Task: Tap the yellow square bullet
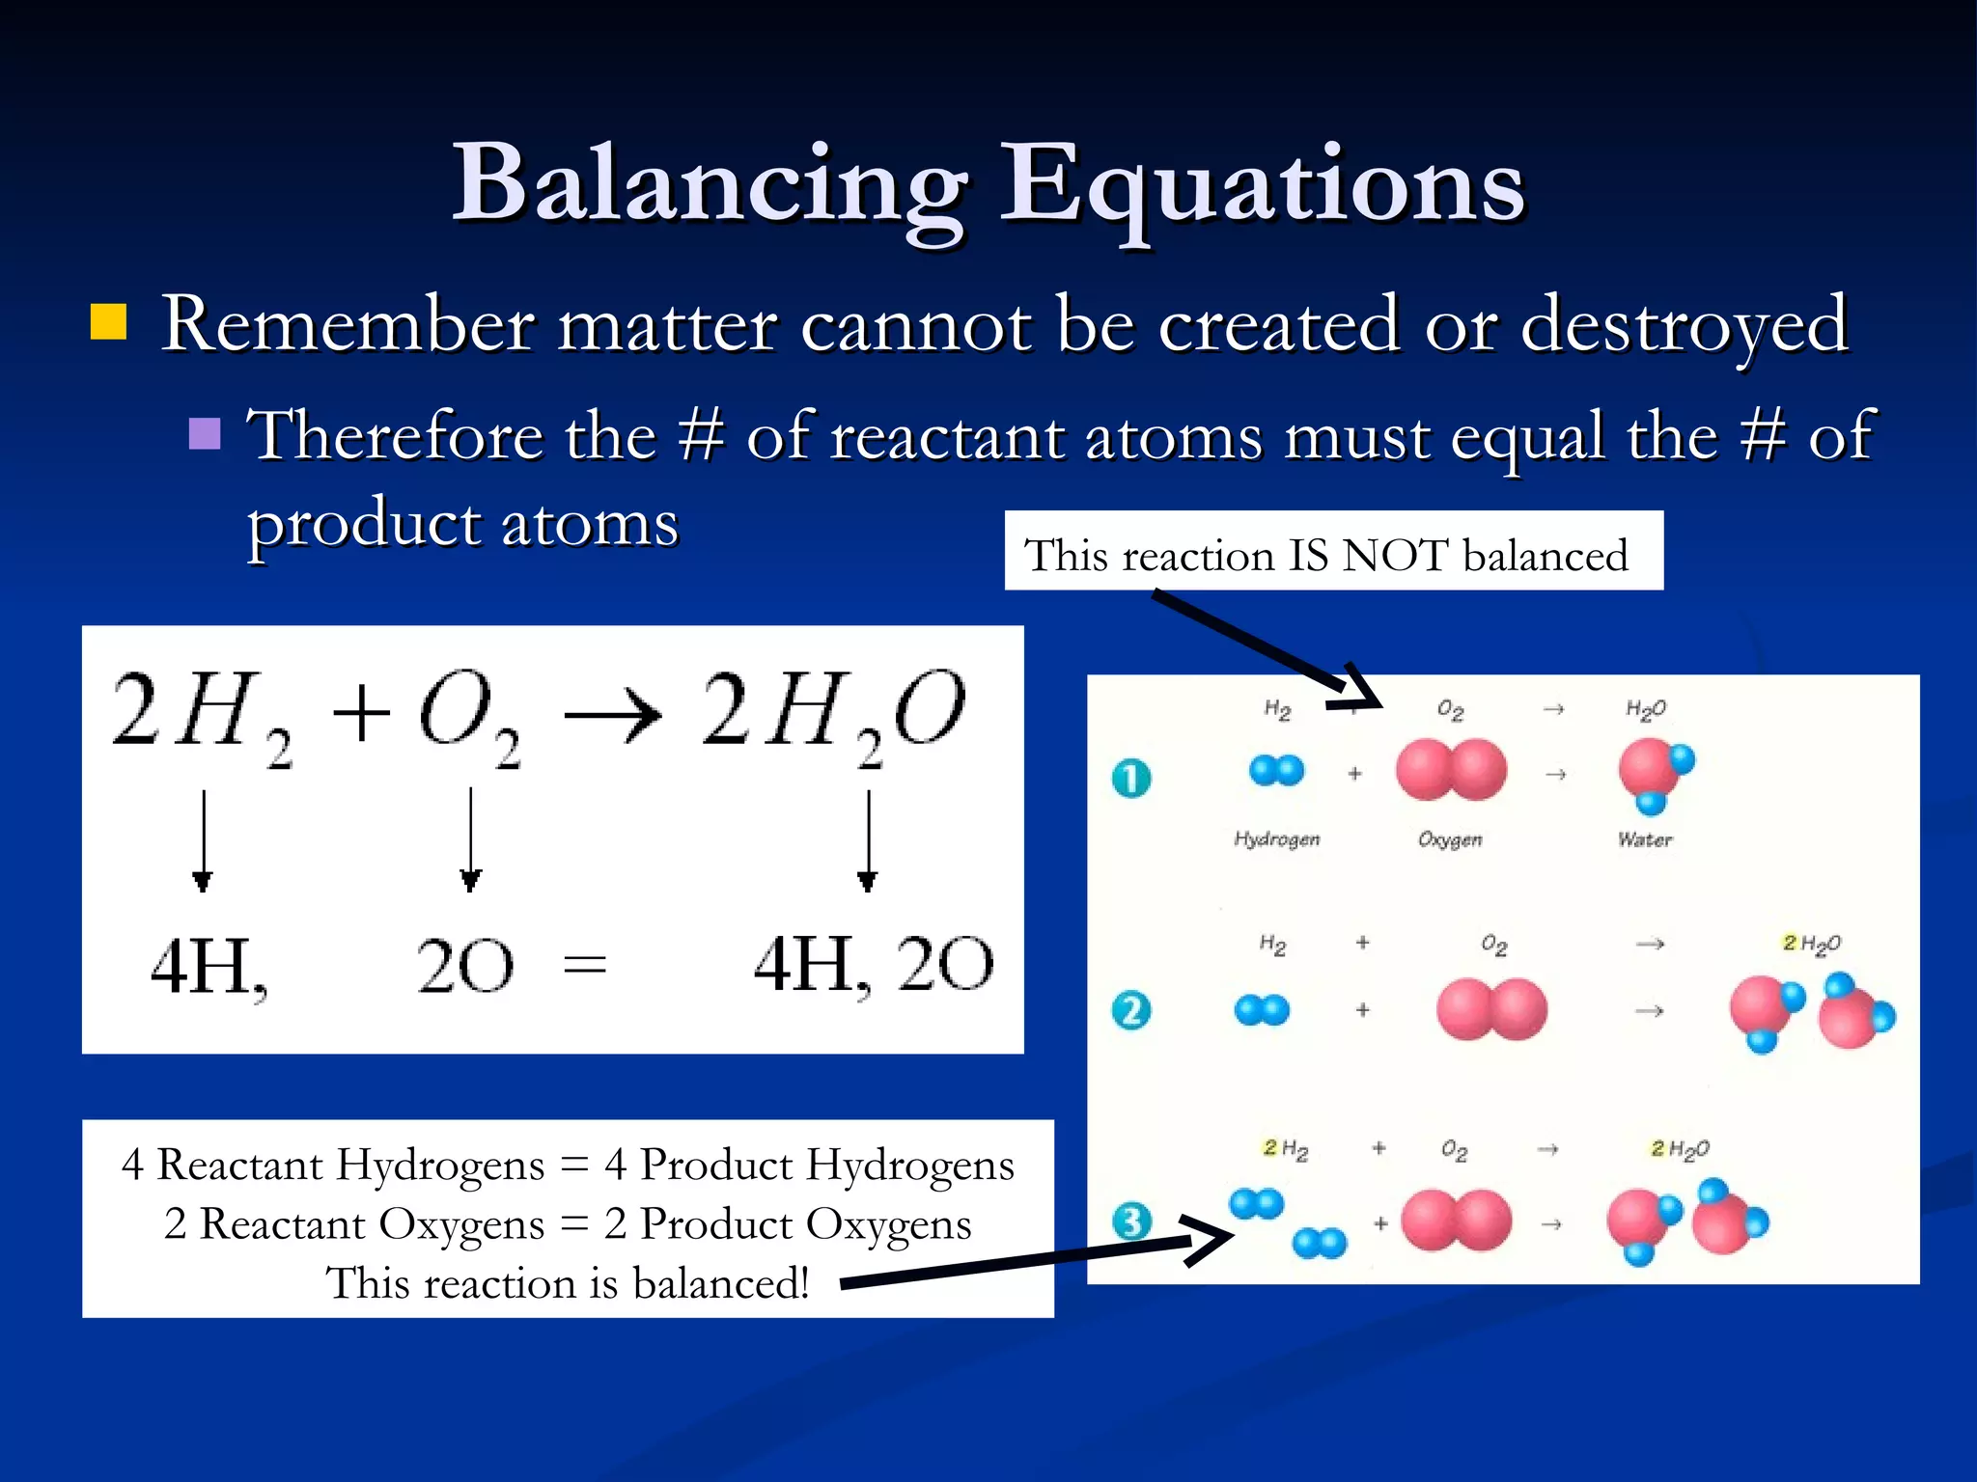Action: [x=108, y=323]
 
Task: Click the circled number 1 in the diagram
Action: [x=1131, y=778]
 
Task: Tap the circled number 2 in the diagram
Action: [x=1131, y=1010]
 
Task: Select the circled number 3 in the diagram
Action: [x=1131, y=1221]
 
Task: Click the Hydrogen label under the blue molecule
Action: [x=1276, y=838]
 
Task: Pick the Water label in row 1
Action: [x=1645, y=839]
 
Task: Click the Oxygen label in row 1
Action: [x=1450, y=839]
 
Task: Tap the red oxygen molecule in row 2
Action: [x=1491, y=1009]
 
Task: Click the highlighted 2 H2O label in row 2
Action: [x=1811, y=944]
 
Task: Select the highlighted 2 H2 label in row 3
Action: [x=1286, y=1149]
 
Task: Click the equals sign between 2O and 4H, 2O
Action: [x=585, y=964]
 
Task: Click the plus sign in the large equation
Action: [x=360, y=715]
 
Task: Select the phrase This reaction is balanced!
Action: [x=568, y=1283]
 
